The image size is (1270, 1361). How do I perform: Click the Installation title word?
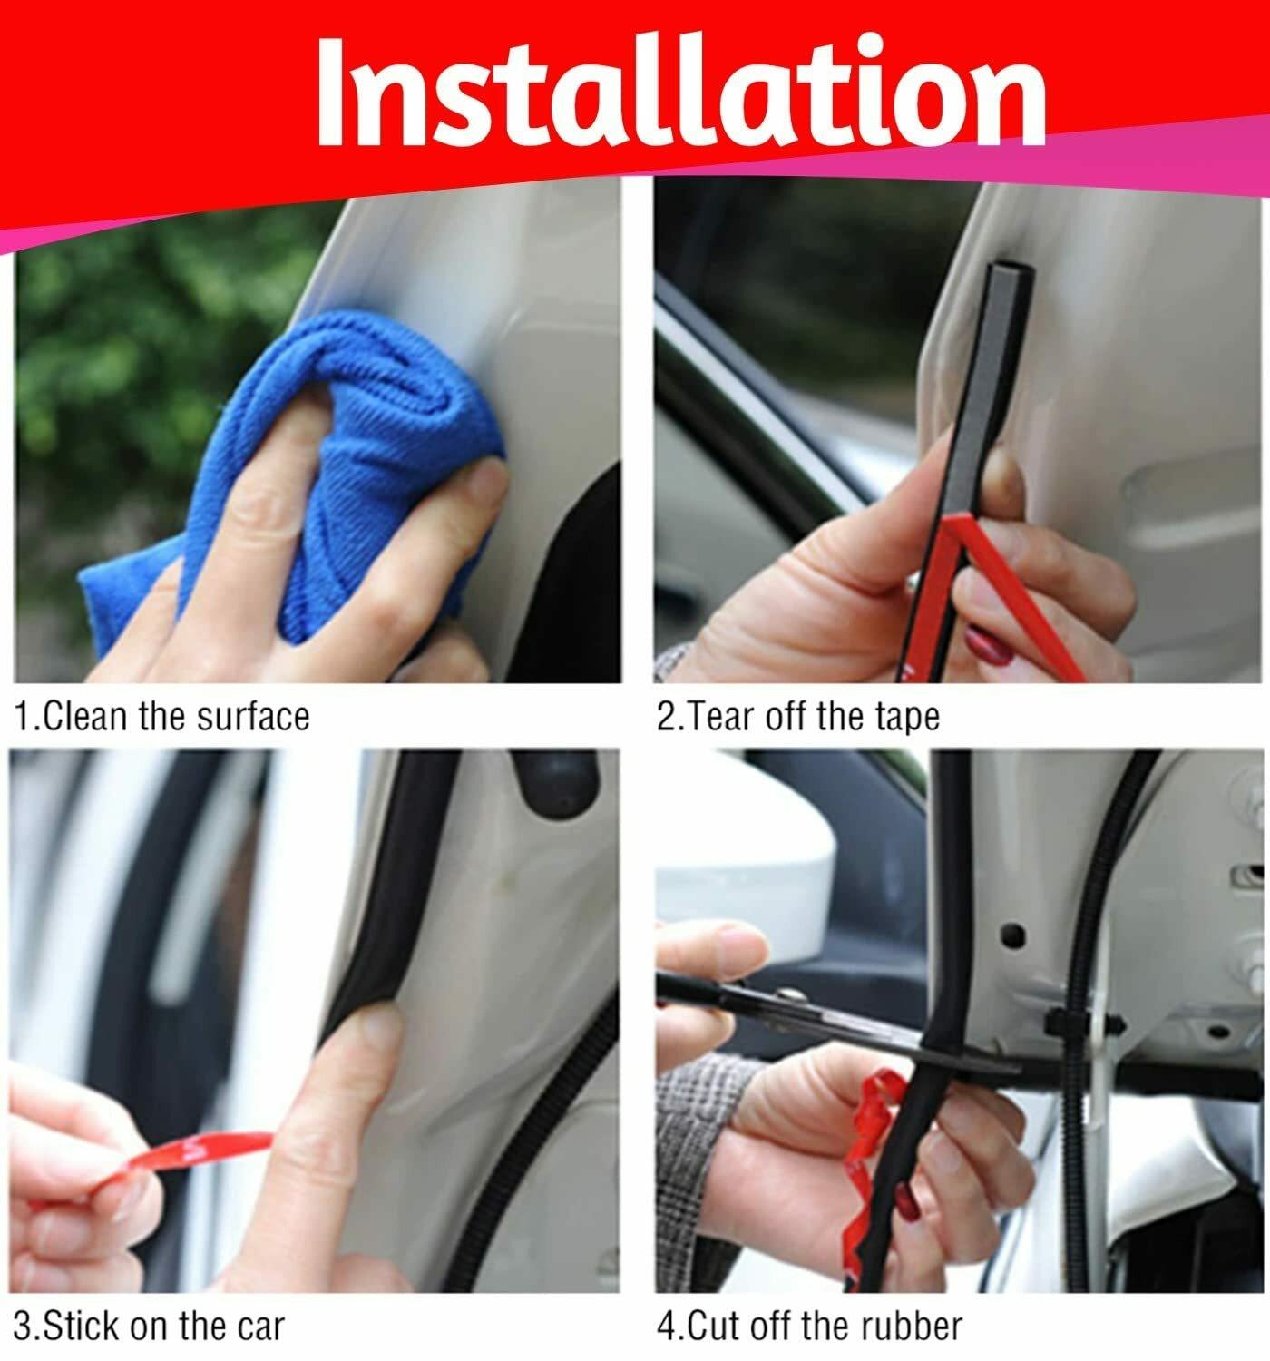[x=680, y=91]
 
